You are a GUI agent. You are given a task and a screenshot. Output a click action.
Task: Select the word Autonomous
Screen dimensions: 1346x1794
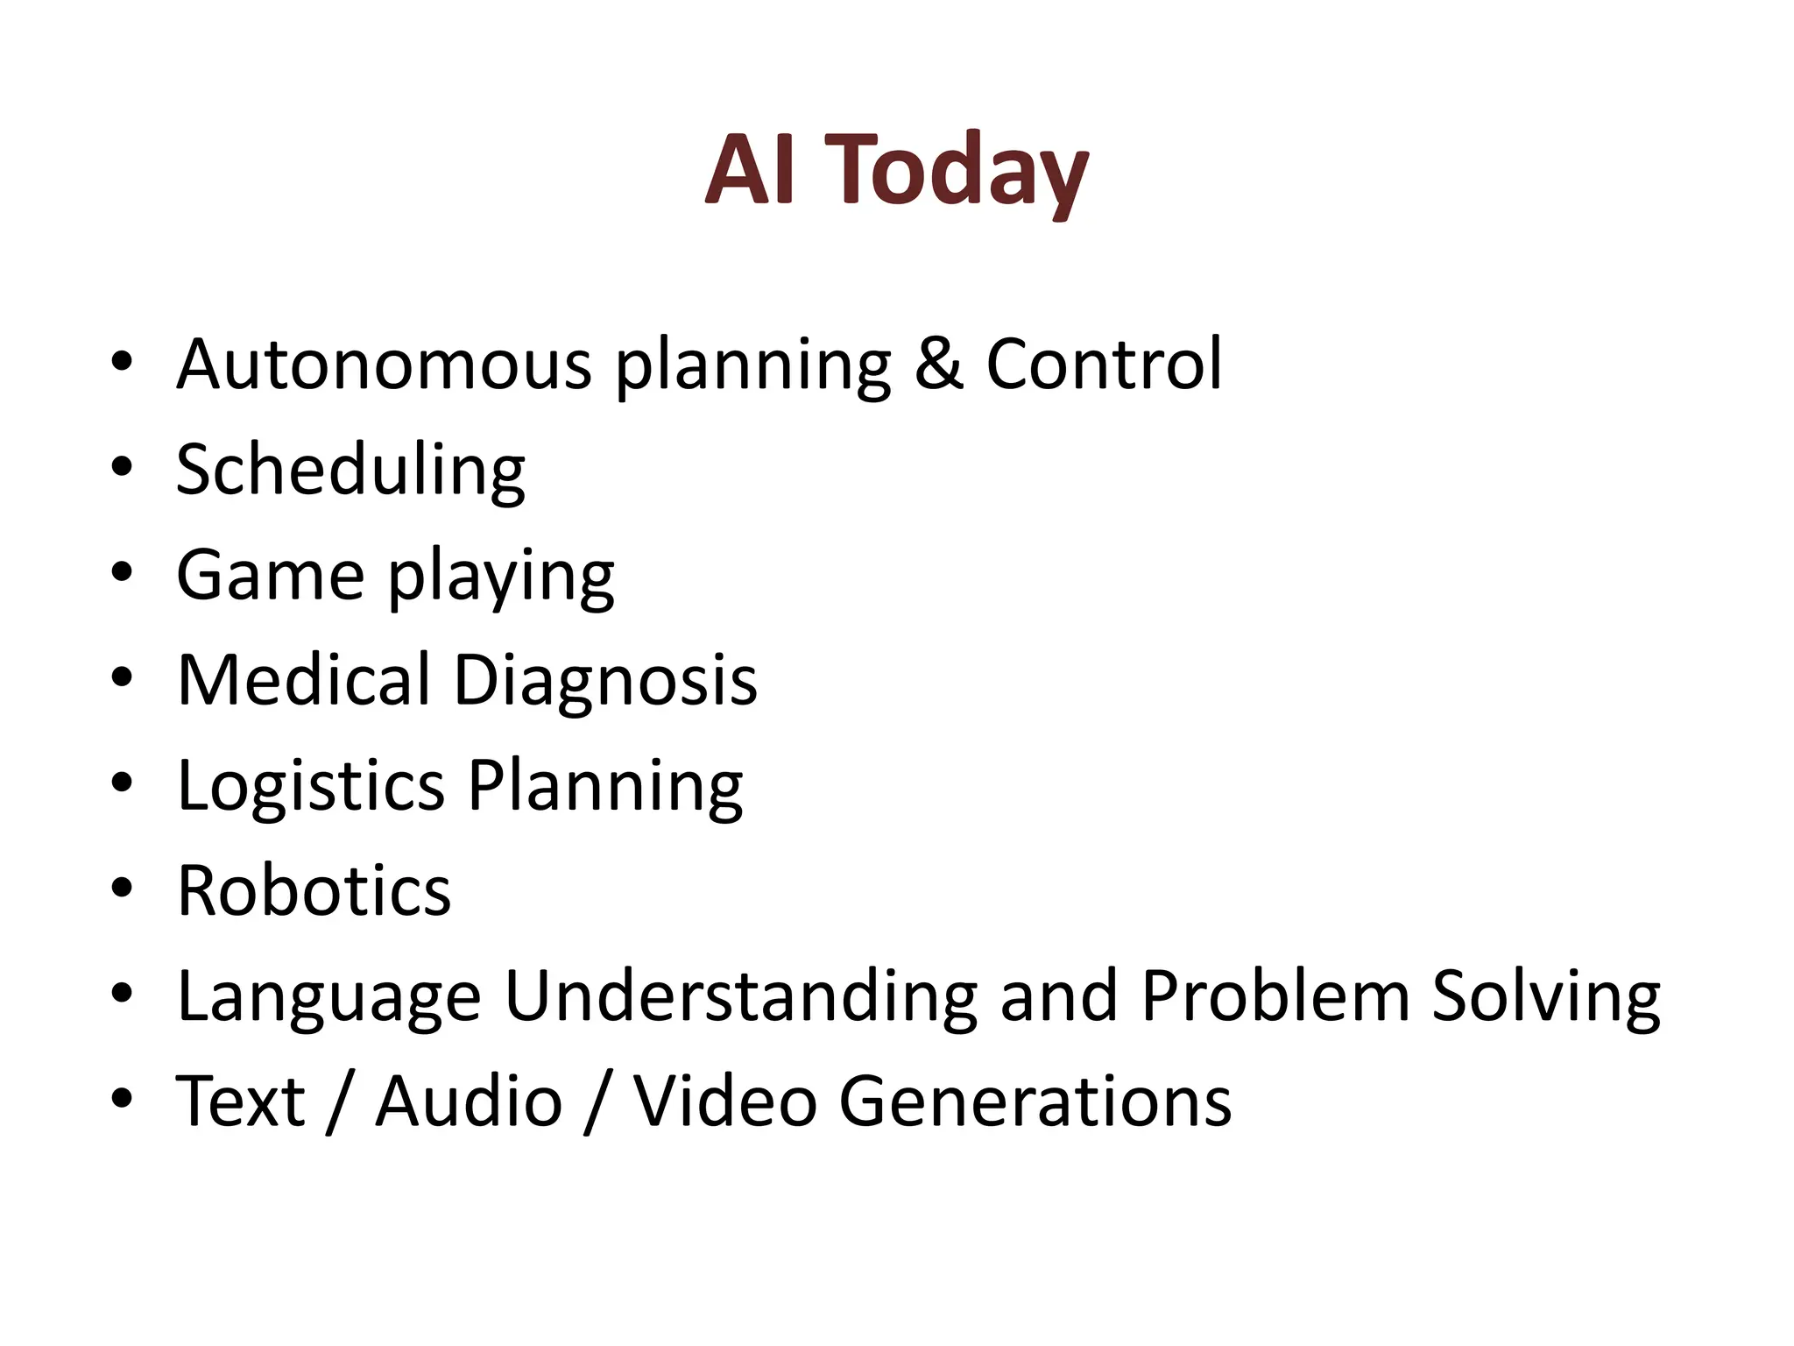pos(385,364)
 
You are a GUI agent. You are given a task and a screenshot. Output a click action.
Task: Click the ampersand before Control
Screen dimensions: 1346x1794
pos(938,364)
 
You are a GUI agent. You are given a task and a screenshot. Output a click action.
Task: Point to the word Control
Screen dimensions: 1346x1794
pos(1104,364)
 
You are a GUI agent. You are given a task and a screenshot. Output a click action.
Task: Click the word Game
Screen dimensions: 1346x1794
pos(271,575)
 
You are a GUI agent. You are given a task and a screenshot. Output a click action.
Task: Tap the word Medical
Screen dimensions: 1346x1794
pos(303,680)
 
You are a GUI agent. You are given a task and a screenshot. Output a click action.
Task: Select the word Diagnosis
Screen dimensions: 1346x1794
pos(605,680)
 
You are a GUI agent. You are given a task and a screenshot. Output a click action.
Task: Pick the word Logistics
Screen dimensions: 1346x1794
pos(311,786)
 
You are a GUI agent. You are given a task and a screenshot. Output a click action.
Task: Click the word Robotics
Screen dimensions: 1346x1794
pos(314,891)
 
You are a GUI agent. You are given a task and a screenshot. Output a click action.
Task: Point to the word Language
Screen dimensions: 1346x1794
pos(329,997)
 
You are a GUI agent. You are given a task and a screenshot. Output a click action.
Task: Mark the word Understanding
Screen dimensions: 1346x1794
pos(741,997)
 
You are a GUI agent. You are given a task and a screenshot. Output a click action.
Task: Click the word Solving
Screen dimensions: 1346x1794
pos(1546,997)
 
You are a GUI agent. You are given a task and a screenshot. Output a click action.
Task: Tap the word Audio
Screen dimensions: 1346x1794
pos(469,1102)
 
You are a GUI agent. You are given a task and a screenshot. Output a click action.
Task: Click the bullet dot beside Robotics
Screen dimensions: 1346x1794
pos(122,888)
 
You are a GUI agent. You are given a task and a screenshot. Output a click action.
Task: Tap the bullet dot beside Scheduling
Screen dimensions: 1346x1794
pos(122,466)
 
